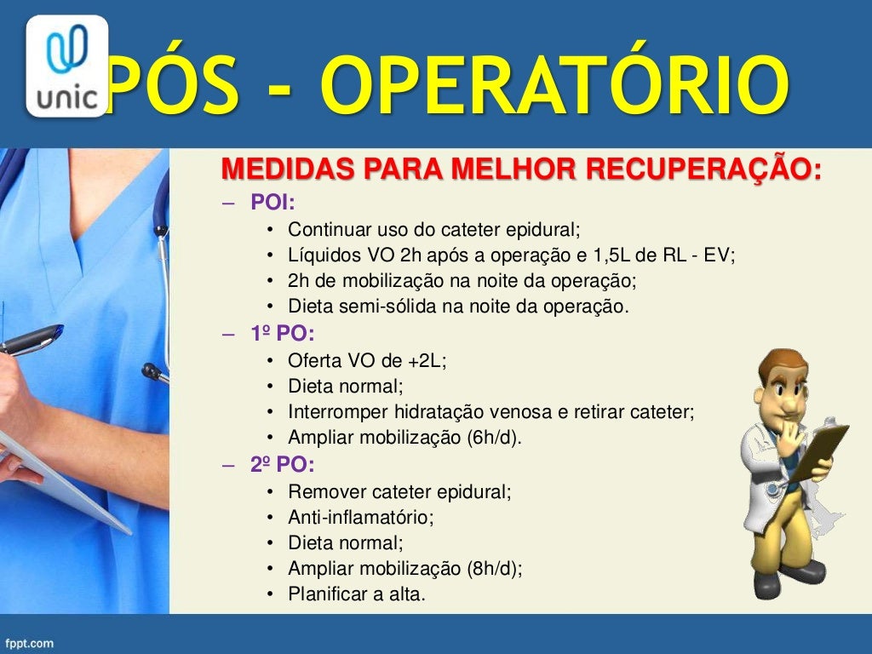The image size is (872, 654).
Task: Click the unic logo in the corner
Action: [67, 66]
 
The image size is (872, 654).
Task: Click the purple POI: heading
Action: [272, 203]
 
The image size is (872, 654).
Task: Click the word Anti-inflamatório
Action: [361, 517]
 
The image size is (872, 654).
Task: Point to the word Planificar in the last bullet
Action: [325, 594]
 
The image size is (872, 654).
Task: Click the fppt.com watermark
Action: [29, 643]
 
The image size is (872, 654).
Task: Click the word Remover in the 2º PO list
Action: [322, 491]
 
